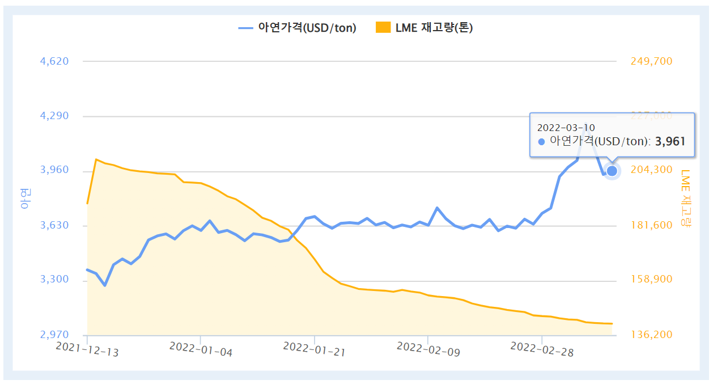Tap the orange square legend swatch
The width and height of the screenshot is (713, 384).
pyautogui.click(x=384, y=27)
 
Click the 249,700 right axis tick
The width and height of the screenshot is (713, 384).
pyautogui.click(x=651, y=61)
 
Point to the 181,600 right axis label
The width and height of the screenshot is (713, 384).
pyautogui.click(x=651, y=225)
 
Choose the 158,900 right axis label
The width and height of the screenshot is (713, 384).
pyautogui.click(x=651, y=280)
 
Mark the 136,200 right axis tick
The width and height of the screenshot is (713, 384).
pyautogui.click(x=651, y=335)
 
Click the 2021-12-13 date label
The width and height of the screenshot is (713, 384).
pyautogui.click(x=88, y=349)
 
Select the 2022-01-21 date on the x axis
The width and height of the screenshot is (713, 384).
pyautogui.click(x=314, y=349)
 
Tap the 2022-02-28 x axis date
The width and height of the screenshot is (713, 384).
pyautogui.click(x=542, y=349)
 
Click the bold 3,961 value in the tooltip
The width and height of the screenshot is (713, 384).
pyautogui.click(x=670, y=141)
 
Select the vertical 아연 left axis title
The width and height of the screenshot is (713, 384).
pyautogui.click(x=25, y=198)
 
